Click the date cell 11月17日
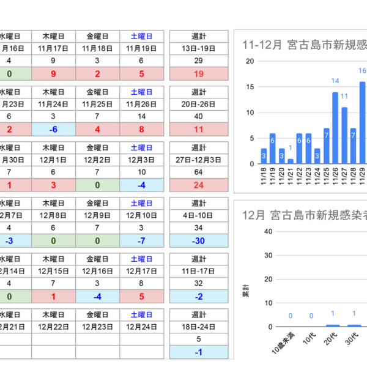54,48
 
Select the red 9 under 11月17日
54,74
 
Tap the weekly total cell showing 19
198,74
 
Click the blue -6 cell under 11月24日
54,129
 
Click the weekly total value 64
198,171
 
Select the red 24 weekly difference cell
198,184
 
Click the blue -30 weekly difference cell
198,240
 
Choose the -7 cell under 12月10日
141,240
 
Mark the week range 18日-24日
198,326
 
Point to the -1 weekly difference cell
198,352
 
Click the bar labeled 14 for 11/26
335,128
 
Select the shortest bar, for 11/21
291,161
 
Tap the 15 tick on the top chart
250,87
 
